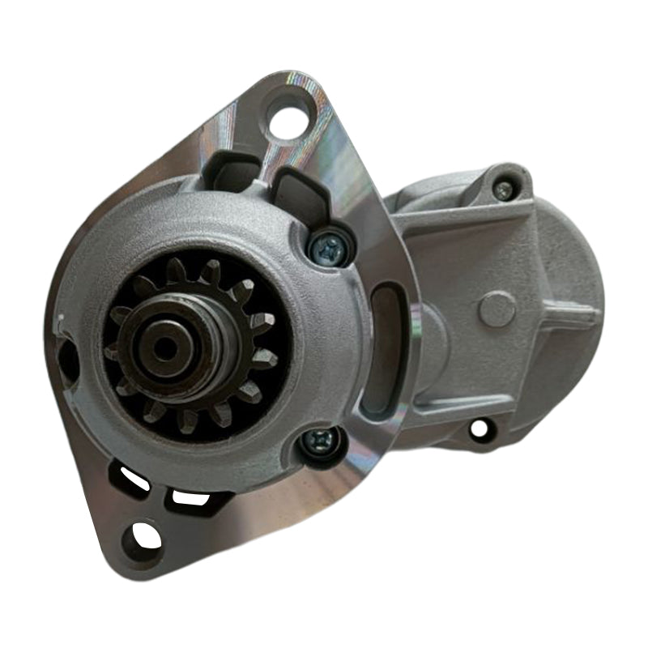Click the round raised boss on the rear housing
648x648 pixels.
(496, 309)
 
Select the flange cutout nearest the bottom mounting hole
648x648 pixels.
(190, 499)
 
